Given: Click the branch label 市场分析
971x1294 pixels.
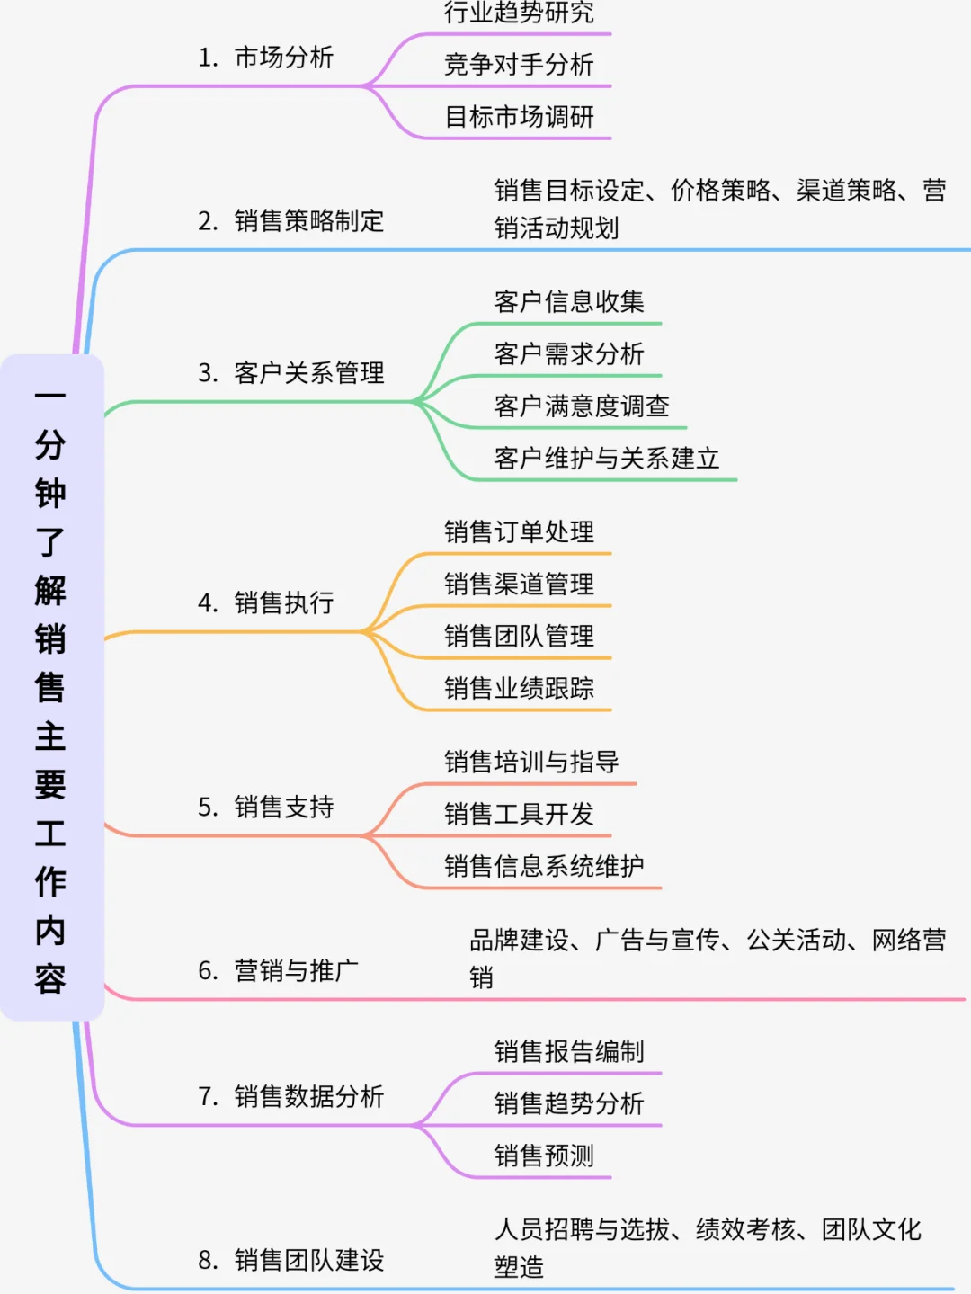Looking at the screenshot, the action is pyautogui.click(x=283, y=58).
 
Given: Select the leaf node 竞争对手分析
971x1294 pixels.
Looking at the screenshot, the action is pyautogui.click(x=519, y=65).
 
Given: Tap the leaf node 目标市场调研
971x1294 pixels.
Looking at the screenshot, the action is pyautogui.click(x=519, y=117).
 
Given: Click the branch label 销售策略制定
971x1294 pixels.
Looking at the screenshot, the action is pyautogui.click(x=308, y=220).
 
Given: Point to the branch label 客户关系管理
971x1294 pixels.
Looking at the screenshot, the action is pyautogui.click(x=308, y=372).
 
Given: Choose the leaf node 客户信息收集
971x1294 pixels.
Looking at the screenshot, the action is pyautogui.click(x=569, y=302).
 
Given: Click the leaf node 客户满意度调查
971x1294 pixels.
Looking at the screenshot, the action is pyautogui.click(x=582, y=406).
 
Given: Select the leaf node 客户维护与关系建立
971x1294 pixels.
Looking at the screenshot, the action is pyautogui.click(x=607, y=459).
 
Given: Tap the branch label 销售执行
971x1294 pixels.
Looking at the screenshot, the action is pyautogui.click(x=283, y=602).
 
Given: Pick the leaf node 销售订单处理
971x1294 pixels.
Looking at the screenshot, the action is pyautogui.click(x=519, y=532).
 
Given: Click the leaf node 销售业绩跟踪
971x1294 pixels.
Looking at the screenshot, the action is pyautogui.click(x=519, y=689).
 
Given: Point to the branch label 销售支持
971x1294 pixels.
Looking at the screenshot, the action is pyautogui.click(x=283, y=807).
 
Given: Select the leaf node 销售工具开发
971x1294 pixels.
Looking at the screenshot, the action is pyautogui.click(x=519, y=815).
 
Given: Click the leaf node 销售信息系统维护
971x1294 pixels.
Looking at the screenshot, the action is pyautogui.click(x=544, y=867).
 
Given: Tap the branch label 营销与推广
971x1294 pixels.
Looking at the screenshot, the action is pyautogui.click(x=296, y=970).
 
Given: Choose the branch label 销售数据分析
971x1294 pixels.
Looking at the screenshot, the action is pyautogui.click(x=308, y=1096).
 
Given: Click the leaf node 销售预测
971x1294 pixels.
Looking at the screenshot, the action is pyautogui.click(x=544, y=1156).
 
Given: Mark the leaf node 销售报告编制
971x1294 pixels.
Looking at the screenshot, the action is pyautogui.click(x=569, y=1052).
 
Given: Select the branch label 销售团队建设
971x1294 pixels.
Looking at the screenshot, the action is pyautogui.click(x=308, y=1260).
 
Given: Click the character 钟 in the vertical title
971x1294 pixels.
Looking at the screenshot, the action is pyautogui.click(x=50, y=493).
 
